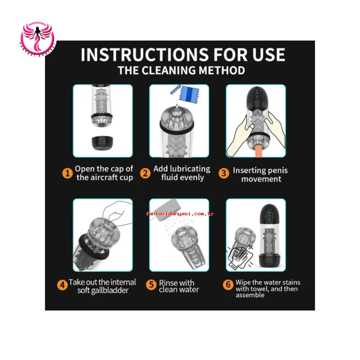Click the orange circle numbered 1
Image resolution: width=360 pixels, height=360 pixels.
(x=68, y=173)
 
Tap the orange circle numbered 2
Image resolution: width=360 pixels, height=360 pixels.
(x=145, y=173)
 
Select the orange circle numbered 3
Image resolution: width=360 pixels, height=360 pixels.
(x=224, y=173)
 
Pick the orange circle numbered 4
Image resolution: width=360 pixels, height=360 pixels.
(x=62, y=285)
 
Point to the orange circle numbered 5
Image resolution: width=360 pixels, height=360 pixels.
(x=151, y=285)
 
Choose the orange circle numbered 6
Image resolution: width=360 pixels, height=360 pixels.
(x=228, y=285)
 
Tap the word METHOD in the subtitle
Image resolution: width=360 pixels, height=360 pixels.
(x=222, y=71)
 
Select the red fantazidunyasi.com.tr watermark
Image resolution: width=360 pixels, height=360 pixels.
(x=180, y=214)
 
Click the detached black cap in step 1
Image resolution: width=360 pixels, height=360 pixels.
(x=102, y=143)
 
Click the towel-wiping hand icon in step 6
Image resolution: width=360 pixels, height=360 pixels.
(x=240, y=256)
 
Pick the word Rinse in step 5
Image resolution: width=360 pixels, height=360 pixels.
(x=168, y=283)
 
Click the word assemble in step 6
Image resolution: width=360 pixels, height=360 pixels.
(x=250, y=295)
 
